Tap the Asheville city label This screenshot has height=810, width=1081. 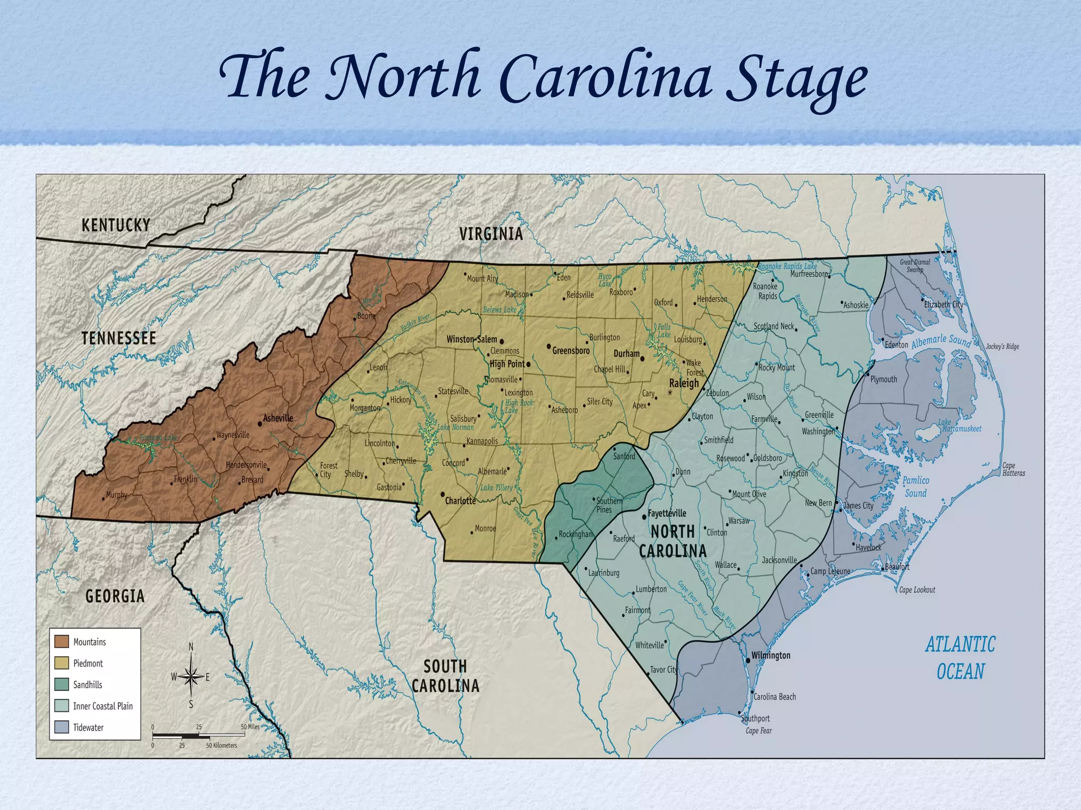tap(278, 418)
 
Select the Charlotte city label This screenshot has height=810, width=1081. tap(460, 500)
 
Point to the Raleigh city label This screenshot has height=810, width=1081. tap(684, 383)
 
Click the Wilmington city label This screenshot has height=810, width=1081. tap(771, 655)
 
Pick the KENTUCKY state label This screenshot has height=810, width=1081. tap(116, 225)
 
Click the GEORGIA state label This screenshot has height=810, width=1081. tap(115, 596)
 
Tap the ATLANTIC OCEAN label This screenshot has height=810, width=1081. tap(960, 658)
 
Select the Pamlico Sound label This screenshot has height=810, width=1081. tap(915, 487)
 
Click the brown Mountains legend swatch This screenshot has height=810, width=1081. tap(62, 641)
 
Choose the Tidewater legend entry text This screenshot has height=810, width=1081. tap(88, 727)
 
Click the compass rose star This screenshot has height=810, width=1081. tap(191, 676)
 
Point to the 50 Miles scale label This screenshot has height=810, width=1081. tap(250, 727)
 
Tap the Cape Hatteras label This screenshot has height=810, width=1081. tap(1013, 469)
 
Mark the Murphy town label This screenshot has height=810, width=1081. tap(117, 495)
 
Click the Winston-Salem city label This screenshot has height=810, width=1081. tap(471, 339)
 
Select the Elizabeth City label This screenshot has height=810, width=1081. tap(944, 304)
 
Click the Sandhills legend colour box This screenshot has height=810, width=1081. tap(62, 684)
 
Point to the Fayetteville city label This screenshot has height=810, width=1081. tap(667, 513)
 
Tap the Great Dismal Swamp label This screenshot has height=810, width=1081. tap(915, 266)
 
